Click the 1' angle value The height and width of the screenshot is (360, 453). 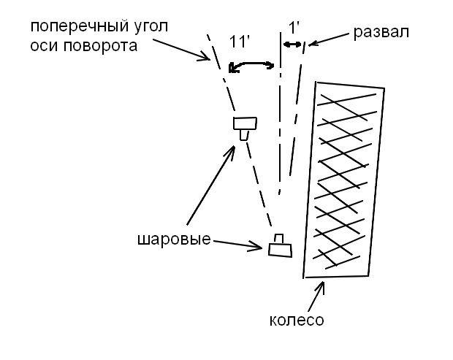tap(294, 29)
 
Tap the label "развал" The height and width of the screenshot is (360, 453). tap(381, 32)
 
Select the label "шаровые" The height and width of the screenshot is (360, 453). tap(172, 240)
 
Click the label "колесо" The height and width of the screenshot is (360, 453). tap(296, 321)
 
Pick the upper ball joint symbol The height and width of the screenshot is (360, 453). tap(244, 126)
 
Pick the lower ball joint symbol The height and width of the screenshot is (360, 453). tap(279, 246)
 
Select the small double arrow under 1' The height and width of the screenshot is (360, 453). tap(294, 45)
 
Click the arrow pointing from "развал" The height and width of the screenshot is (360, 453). tap(330, 38)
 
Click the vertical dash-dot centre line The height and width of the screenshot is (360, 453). tap(281, 110)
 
